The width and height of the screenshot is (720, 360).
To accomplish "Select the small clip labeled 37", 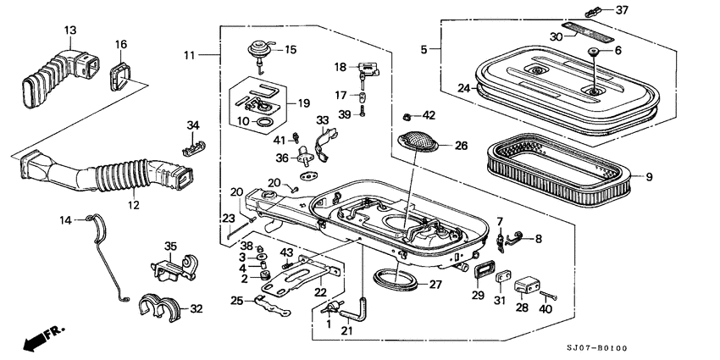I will click(x=597, y=12).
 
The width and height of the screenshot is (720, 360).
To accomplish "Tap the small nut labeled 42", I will click(x=405, y=115).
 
